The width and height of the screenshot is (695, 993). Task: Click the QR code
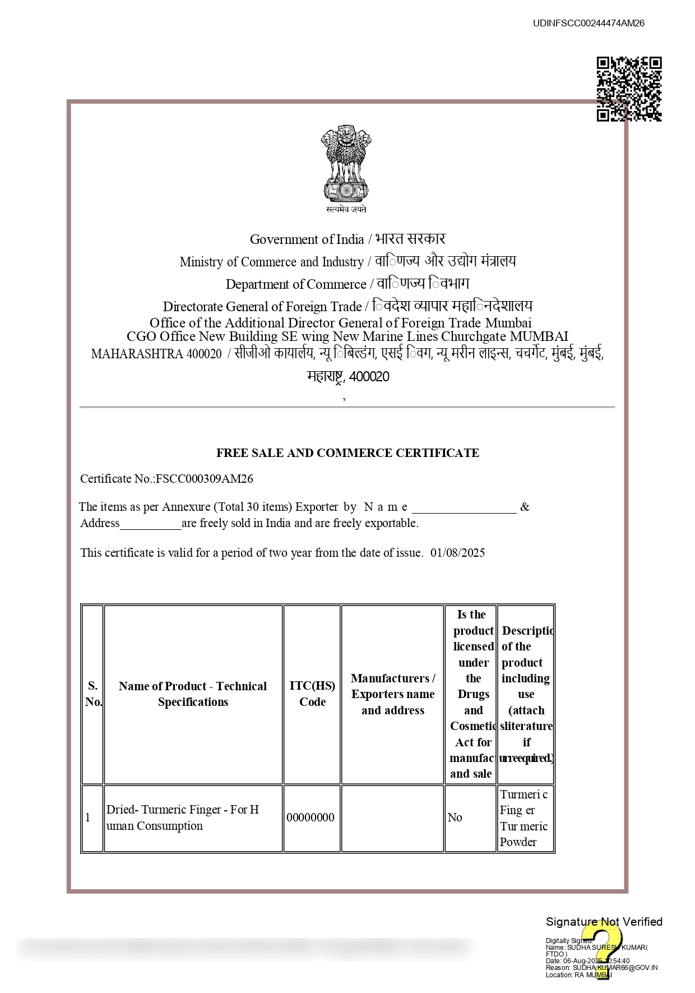click(x=629, y=89)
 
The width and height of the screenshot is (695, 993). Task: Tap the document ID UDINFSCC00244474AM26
click(x=589, y=23)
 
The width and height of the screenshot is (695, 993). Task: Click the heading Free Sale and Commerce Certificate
click(x=347, y=453)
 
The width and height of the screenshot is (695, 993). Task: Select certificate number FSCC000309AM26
click(x=204, y=479)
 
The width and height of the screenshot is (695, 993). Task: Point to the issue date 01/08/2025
click(x=457, y=553)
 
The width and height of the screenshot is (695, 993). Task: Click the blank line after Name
click(x=464, y=508)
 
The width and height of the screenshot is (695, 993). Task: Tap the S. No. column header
click(x=93, y=694)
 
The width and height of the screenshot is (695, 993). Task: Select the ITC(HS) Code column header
click(x=312, y=694)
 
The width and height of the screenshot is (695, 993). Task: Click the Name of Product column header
click(x=193, y=694)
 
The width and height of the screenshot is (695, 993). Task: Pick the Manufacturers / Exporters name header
click(x=393, y=694)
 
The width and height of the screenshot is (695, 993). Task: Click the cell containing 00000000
click(x=311, y=818)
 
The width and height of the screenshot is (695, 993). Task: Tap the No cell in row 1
click(x=455, y=818)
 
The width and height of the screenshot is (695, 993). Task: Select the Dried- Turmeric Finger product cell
click(x=183, y=818)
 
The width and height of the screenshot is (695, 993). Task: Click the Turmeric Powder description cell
click(x=525, y=818)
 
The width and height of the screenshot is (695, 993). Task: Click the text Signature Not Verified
click(x=604, y=922)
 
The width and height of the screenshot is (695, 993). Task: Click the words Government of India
click(x=307, y=240)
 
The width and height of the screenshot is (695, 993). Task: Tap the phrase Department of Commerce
click(x=296, y=285)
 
